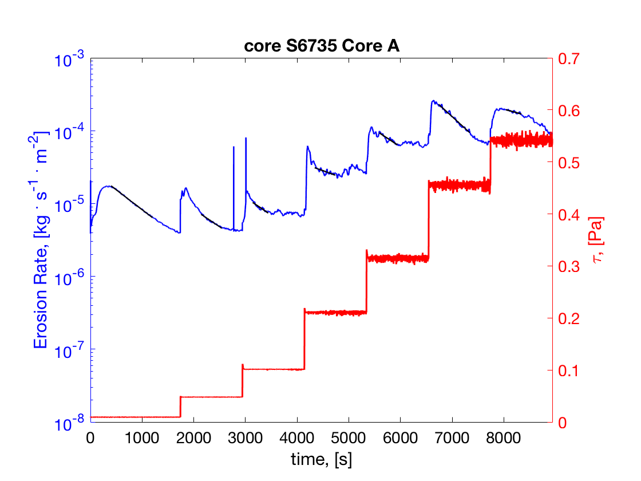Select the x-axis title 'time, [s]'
(x=321, y=459)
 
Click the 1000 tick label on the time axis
(x=141, y=438)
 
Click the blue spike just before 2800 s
(x=234, y=148)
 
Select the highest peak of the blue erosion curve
(x=433, y=101)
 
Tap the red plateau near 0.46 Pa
(x=458, y=185)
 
